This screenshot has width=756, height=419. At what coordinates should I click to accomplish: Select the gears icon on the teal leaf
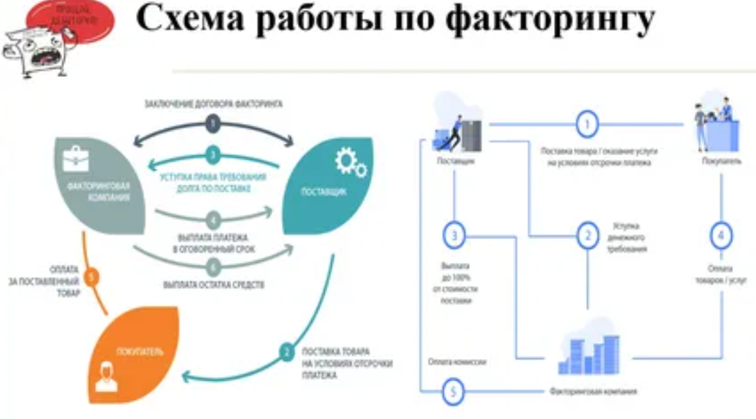(x=351, y=163)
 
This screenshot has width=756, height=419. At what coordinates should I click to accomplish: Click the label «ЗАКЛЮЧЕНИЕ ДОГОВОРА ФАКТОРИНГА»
(x=212, y=104)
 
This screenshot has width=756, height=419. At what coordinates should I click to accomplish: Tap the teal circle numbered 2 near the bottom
(x=286, y=352)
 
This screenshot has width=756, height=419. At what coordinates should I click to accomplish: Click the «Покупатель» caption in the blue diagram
(x=721, y=161)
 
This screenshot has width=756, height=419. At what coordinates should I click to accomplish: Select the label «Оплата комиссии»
(x=458, y=361)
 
